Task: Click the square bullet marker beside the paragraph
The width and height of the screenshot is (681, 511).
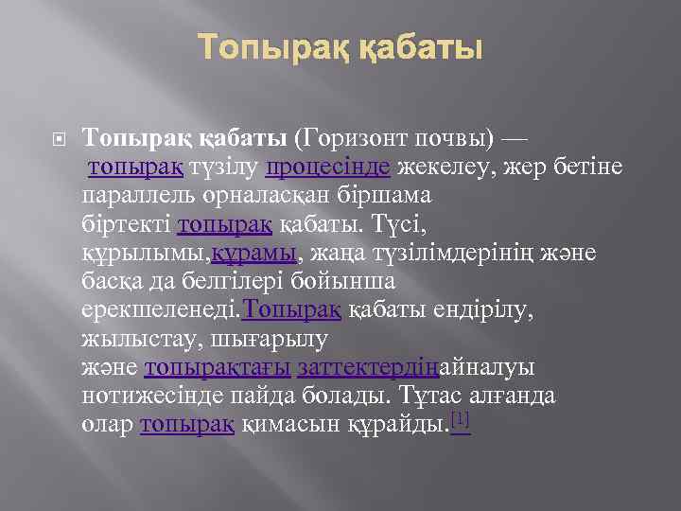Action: click(59, 139)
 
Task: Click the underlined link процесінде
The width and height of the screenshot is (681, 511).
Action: click(328, 167)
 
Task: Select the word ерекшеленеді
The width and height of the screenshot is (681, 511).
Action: click(162, 309)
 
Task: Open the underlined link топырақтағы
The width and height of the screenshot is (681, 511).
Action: click(217, 366)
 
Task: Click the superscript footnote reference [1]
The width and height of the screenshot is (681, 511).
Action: click(460, 417)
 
